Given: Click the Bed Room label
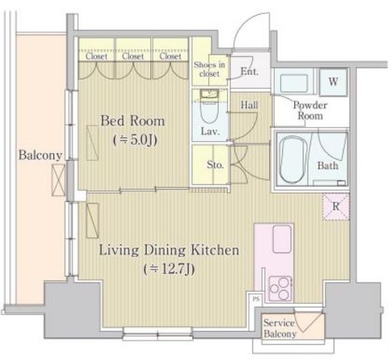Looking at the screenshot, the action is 133,121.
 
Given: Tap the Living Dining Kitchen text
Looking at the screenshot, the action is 169,250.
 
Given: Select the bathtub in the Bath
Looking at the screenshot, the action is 292,160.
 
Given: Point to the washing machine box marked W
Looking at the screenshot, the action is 333,81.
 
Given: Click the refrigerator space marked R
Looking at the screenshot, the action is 336,206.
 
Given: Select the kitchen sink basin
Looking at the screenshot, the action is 282,239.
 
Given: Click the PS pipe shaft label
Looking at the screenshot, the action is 256,299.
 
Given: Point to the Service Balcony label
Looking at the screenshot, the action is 280,328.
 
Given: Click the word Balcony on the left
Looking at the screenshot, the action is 40,156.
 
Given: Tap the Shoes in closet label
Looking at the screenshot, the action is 210,69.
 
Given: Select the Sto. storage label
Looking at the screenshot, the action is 216,165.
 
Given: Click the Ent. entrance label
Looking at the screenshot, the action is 250,71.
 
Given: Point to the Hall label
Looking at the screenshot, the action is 250,105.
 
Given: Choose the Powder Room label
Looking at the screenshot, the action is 310,110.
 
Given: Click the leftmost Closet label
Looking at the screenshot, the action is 97,56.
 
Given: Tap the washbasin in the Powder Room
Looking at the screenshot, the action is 294,83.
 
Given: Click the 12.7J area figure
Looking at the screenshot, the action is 169,269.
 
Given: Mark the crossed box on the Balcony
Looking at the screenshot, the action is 59,180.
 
